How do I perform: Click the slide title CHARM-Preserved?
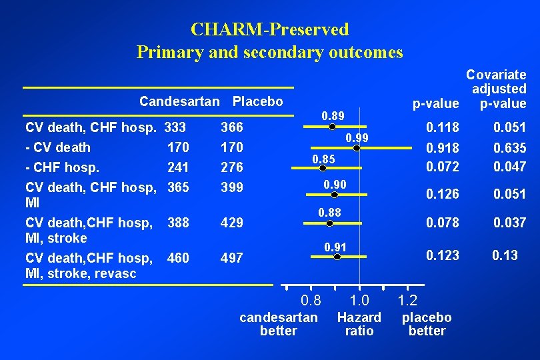tap(269, 29)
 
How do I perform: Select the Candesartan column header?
tap(179, 102)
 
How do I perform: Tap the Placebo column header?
tap(257, 102)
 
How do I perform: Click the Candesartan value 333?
tap(175, 127)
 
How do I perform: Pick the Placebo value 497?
tap(232, 258)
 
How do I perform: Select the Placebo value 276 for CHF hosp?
tap(232, 167)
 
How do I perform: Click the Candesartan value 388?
tap(179, 222)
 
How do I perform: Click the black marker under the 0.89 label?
tap(333, 125)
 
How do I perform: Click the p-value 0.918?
tap(443, 148)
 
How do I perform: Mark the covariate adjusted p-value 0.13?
tap(505, 255)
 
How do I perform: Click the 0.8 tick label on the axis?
tap(311, 300)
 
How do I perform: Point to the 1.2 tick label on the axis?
tap(407, 300)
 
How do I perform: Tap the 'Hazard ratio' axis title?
tap(359, 324)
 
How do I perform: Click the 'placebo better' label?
tap(427, 324)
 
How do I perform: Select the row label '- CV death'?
tap(58, 147)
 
